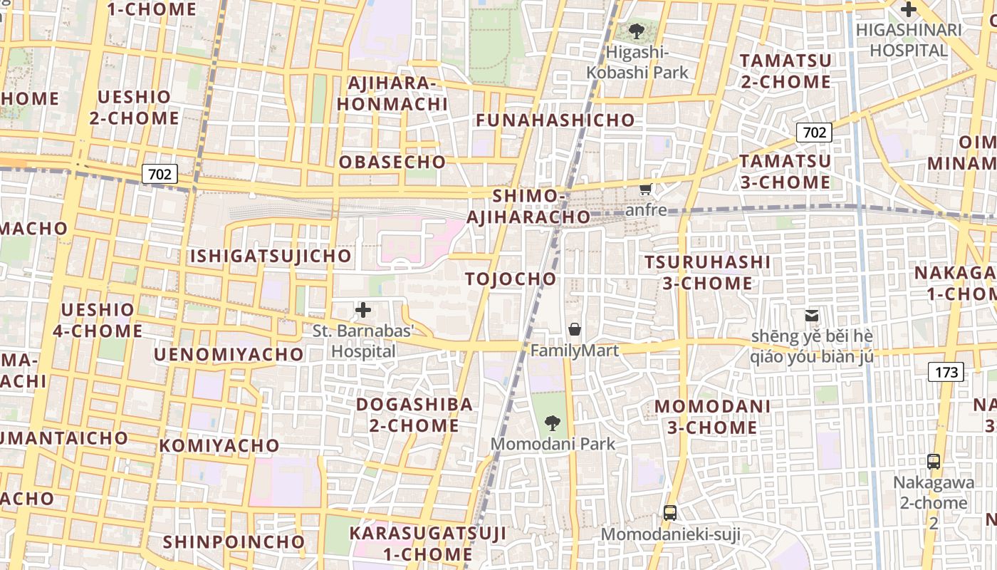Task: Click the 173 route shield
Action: click(x=946, y=371)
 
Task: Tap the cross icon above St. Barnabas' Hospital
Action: click(x=363, y=310)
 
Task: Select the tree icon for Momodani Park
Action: click(x=552, y=424)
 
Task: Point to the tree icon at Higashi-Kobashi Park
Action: click(x=637, y=31)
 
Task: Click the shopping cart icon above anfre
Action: click(x=646, y=189)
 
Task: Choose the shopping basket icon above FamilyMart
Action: click(x=574, y=329)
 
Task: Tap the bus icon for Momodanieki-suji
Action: click(x=670, y=512)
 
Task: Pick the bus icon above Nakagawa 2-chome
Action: click(x=934, y=461)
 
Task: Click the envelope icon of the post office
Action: click(x=812, y=315)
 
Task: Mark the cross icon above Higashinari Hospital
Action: click(x=909, y=10)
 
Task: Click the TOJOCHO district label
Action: click(x=511, y=279)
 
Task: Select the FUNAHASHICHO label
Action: click(x=555, y=120)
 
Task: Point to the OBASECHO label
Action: click(x=392, y=162)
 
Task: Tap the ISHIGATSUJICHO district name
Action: click(x=270, y=255)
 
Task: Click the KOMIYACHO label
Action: click(x=219, y=445)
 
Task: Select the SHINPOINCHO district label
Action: click(x=234, y=541)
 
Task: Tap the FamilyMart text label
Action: click(x=574, y=350)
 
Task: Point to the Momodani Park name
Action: click(x=553, y=444)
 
